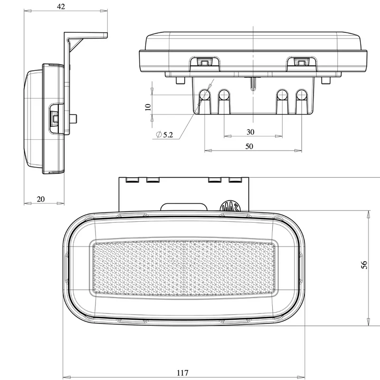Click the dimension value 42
(61, 7)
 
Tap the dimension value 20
(41, 199)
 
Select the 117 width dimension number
(182, 372)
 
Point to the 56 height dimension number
(364, 265)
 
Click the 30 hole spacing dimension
(250, 132)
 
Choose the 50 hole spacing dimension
(249, 146)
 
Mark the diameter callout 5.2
(165, 134)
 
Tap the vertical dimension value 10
(148, 107)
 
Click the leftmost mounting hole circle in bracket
(205, 95)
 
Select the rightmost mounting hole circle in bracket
(302, 95)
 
